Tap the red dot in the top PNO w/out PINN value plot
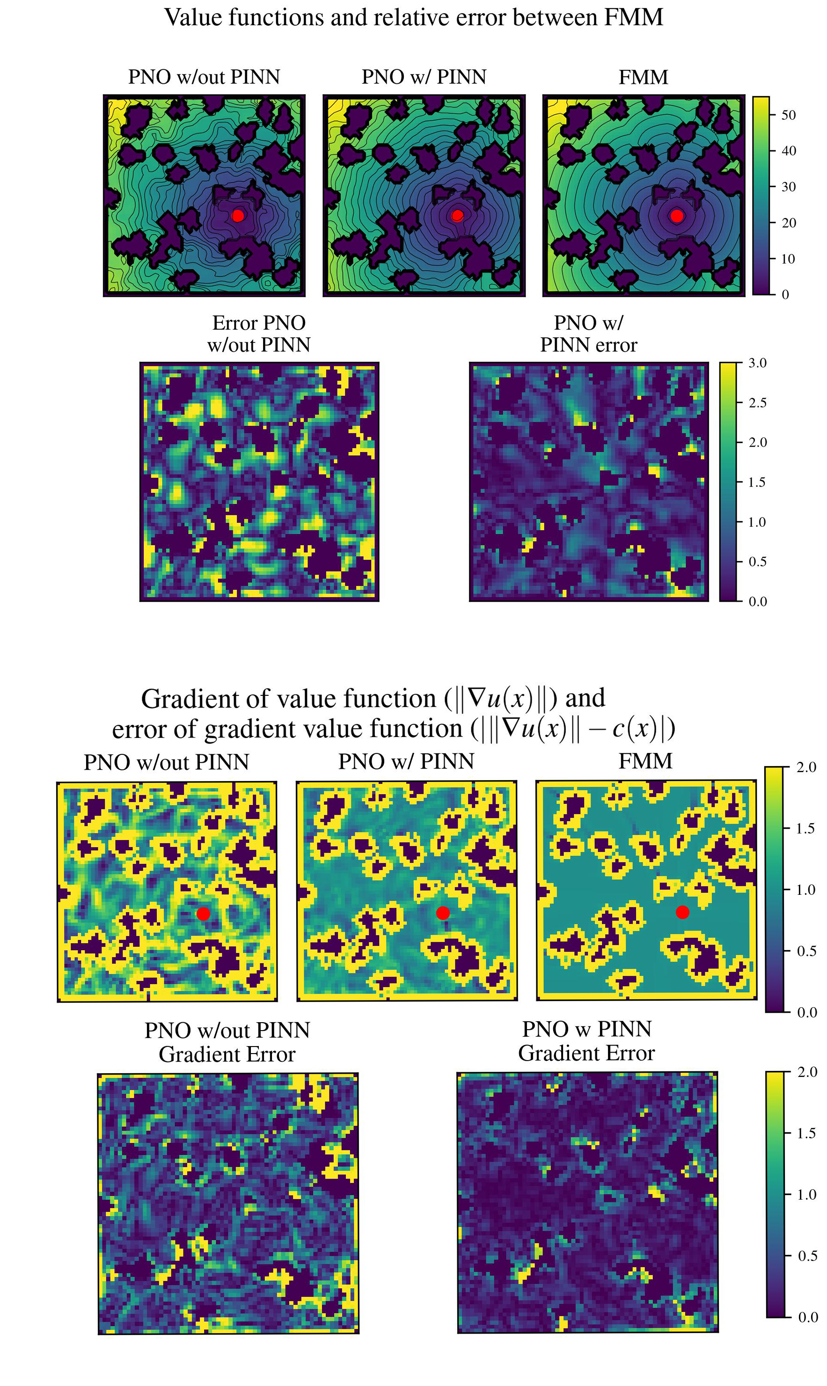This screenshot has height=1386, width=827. [237, 216]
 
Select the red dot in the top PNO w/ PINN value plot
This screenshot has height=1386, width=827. [457, 216]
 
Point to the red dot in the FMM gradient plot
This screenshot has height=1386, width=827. [682, 912]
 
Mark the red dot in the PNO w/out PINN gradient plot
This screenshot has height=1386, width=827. [204, 913]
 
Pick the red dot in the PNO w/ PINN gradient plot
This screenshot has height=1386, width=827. [442, 913]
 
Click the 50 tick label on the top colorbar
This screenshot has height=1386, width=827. [788, 115]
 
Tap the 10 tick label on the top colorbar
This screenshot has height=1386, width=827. [788, 258]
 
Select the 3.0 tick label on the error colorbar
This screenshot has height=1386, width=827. [757, 363]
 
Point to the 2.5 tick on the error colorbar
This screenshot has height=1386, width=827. [757, 403]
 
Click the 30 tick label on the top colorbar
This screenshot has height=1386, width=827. [788, 187]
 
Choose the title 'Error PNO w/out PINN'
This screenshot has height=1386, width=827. [258, 333]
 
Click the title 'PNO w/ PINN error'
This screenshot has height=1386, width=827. [588, 333]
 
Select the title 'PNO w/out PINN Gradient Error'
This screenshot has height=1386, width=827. [227, 1041]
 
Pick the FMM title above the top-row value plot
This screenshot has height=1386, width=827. [643, 77]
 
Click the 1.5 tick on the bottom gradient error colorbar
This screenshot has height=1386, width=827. [806, 1133]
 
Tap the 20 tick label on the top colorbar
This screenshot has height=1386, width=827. [788, 223]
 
